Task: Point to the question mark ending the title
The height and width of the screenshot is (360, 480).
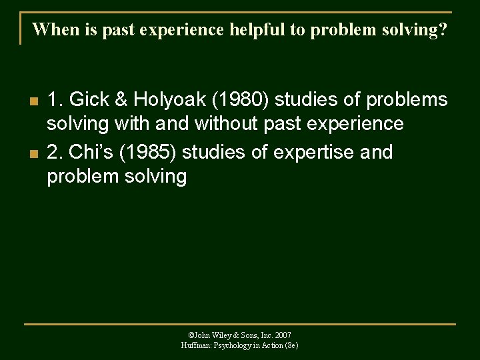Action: [x=443, y=30]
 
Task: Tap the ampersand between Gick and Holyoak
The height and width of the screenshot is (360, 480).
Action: [x=121, y=100]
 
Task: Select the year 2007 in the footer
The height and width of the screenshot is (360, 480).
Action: [x=282, y=335]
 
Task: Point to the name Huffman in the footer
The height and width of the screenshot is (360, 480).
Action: [x=196, y=345]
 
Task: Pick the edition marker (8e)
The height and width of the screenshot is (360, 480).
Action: [x=291, y=345]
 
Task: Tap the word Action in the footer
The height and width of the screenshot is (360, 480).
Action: [x=270, y=345]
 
